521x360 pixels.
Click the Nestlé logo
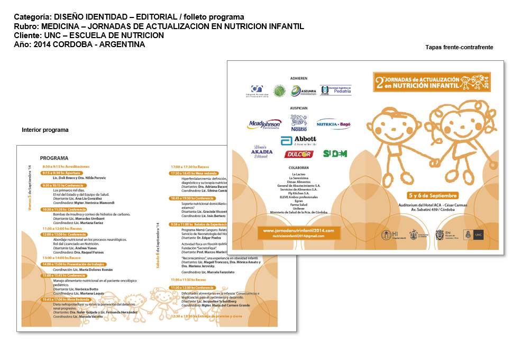tap(299, 124)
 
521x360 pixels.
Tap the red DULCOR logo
tap(299, 154)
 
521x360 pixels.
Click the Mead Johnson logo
tap(264, 124)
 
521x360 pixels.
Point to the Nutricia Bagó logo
tap(333, 124)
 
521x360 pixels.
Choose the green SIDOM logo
tap(335, 154)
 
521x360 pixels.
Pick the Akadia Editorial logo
tap(262, 152)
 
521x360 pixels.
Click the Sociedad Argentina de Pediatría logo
tap(332, 91)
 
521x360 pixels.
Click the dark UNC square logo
tap(478, 234)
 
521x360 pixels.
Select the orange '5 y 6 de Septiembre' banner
tap(433, 195)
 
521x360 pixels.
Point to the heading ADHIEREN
tap(299, 78)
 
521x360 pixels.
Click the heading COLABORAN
tap(299, 168)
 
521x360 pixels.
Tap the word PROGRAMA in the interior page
tap(54, 158)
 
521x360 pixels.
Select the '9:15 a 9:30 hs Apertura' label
tap(62, 173)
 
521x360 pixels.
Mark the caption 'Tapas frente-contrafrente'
tap(459, 47)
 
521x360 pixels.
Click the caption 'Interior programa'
tap(45, 130)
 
